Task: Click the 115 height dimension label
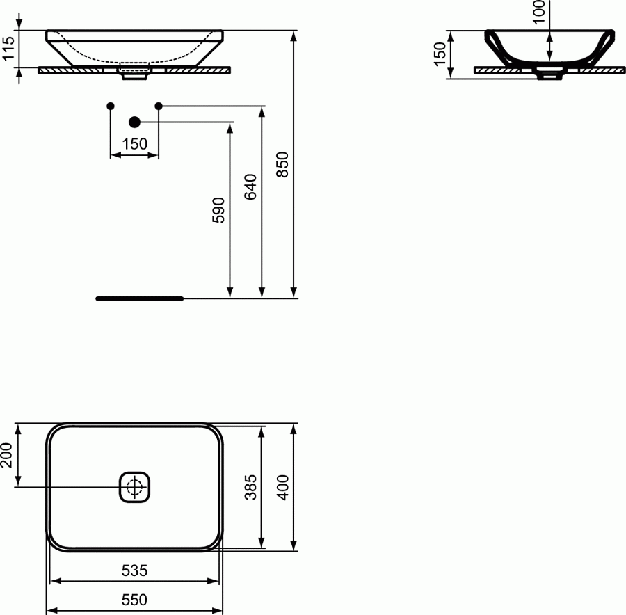coord(8,49)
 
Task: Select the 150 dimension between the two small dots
coord(134,144)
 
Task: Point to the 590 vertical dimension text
coord(218,210)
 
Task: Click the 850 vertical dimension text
coord(282,164)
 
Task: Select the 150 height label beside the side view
coord(440,54)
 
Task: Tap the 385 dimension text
coord(251,487)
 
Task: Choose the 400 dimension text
coord(283,487)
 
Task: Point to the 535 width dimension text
coord(134,571)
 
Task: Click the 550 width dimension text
coord(134,599)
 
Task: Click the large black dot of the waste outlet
coord(135,122)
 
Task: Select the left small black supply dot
coord(110,106)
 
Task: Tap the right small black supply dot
coord(159,106)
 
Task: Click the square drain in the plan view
coord(135,486)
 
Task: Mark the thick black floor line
coord(139,298)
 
